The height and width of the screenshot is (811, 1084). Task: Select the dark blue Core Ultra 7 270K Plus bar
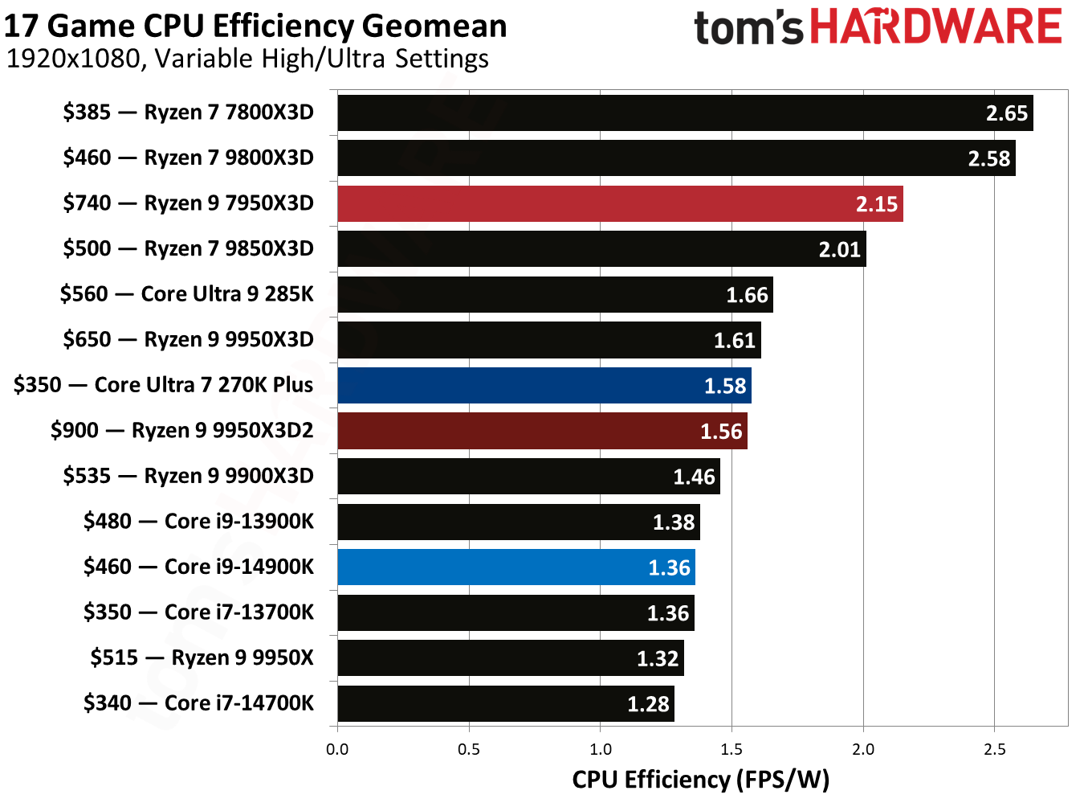[544, 385]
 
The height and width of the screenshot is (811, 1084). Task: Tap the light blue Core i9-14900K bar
[516, 567]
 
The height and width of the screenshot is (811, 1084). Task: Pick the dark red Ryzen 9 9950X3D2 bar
[542, 431]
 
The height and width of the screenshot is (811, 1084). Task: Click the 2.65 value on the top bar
[1006, 113]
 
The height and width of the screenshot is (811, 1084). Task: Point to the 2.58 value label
[988, 159]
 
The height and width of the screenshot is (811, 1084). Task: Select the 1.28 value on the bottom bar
[647, 704]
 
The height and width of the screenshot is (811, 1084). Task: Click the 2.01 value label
[839, 250]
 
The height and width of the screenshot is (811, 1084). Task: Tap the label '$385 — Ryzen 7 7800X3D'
[188, 113]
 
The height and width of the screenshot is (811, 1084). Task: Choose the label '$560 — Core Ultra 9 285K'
[186, 294]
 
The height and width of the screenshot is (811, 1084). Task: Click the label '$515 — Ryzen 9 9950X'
[202, 657]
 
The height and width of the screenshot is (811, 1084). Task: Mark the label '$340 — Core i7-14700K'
[198, 703]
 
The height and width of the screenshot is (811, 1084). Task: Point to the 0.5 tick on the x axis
[469, 749]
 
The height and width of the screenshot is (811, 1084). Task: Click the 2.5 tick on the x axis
[994, 749]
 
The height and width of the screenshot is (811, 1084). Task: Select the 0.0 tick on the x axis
[337, 749]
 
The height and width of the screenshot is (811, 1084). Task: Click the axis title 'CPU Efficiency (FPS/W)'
[700, 780]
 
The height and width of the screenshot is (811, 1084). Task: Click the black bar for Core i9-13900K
[519, 522]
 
